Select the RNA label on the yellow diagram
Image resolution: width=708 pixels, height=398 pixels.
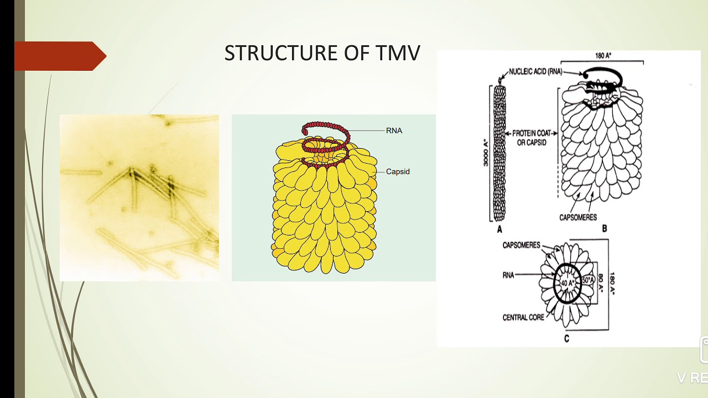point(394,131)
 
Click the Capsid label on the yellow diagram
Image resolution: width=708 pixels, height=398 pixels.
point(398,172)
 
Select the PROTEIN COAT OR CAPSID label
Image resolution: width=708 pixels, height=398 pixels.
point(531,138)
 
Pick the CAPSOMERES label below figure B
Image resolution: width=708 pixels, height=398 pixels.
point(577,217)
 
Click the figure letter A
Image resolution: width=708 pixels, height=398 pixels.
point(499,229)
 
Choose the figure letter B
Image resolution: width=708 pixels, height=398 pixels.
point(605,228)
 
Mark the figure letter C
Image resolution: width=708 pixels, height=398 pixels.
point(566,338)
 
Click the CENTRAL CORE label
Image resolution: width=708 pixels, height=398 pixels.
point(523,317)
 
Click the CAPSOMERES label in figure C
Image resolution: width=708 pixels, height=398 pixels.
point(521,245)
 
